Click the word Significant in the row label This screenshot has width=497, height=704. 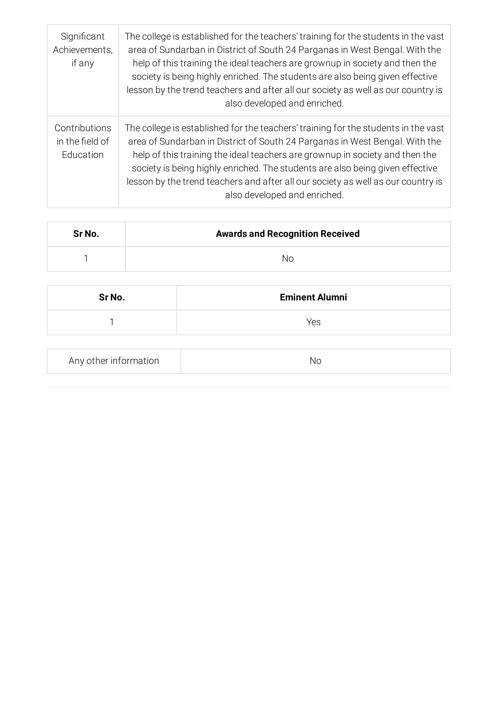pos(82,36)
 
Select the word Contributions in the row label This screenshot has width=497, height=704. pos(83,128)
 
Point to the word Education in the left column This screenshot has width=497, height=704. pos(83,155)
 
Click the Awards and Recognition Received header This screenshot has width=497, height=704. pos(288,234)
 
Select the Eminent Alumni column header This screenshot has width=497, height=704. pos(313,297)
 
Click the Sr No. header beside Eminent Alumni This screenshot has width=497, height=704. pos(112,297)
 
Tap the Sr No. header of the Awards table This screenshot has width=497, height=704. pos(86,234)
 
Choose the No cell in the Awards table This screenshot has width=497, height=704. pos(288,259)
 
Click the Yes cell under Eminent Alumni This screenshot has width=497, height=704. pos(313,322)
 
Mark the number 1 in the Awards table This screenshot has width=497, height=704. pos(86,259)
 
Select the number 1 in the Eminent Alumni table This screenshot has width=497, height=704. pos(112,322)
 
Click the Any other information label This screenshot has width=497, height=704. pos(114,361)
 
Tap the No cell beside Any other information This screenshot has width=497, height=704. pos(315,361)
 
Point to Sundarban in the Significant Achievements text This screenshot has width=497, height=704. pos(182,50)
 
